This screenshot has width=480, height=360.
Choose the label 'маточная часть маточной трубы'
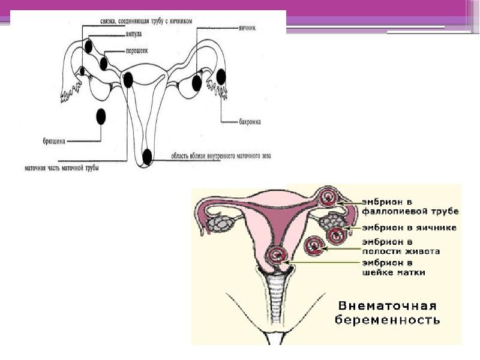point(62,168)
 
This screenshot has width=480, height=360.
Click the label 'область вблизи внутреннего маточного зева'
point(221,156)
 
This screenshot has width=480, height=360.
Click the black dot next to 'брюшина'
point(101,116)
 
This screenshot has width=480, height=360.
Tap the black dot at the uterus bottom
point(147,157)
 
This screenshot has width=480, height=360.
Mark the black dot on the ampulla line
point(89,46)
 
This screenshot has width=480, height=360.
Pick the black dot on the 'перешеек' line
point(104,63)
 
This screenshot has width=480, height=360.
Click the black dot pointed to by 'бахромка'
point(221,77)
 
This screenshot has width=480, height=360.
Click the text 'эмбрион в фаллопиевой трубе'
point(410,206)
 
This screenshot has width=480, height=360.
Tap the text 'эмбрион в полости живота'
point(400,246)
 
